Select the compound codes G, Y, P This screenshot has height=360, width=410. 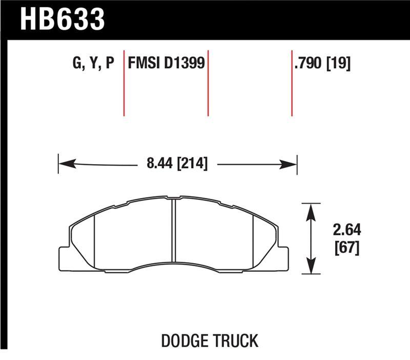pos(93,64)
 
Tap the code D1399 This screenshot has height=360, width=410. pos(185,64)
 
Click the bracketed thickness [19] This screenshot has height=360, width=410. pos(339,64)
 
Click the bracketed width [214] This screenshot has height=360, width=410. pos(191,165)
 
